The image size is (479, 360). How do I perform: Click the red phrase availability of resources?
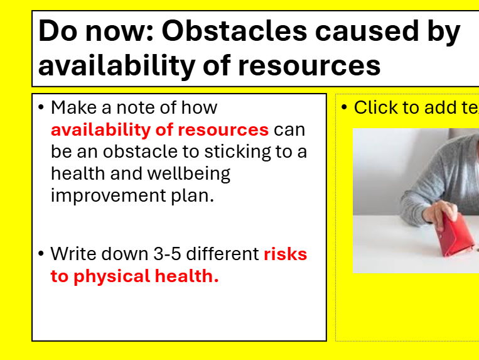pyautogui.click(x=159, y=130)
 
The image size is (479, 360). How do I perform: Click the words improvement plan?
pyautogui.click(x=132, y=195)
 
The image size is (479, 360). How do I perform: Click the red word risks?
pyautogui.click(x=285, y=254)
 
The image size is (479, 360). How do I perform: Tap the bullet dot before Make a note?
pyautogui.click(x=41, y=108)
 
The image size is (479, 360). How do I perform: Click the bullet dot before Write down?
pyautogui.click(x=41, y=254)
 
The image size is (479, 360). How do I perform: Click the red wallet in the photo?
pyautogui.click(x=455, y=235)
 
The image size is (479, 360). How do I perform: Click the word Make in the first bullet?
pyautogui.click(x=72, y=108)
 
